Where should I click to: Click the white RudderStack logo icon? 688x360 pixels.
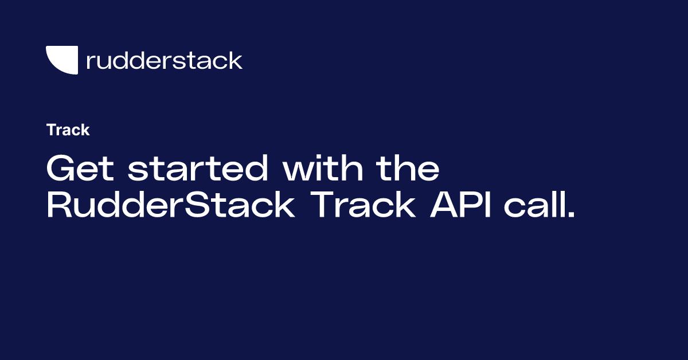pos(62,60)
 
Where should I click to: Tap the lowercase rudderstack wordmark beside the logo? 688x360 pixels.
pos(164,60)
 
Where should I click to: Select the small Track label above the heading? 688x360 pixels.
pos(68,130)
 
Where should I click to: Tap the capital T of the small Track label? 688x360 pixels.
pos(51,130)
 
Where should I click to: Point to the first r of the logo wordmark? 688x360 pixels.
pos(89,62)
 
